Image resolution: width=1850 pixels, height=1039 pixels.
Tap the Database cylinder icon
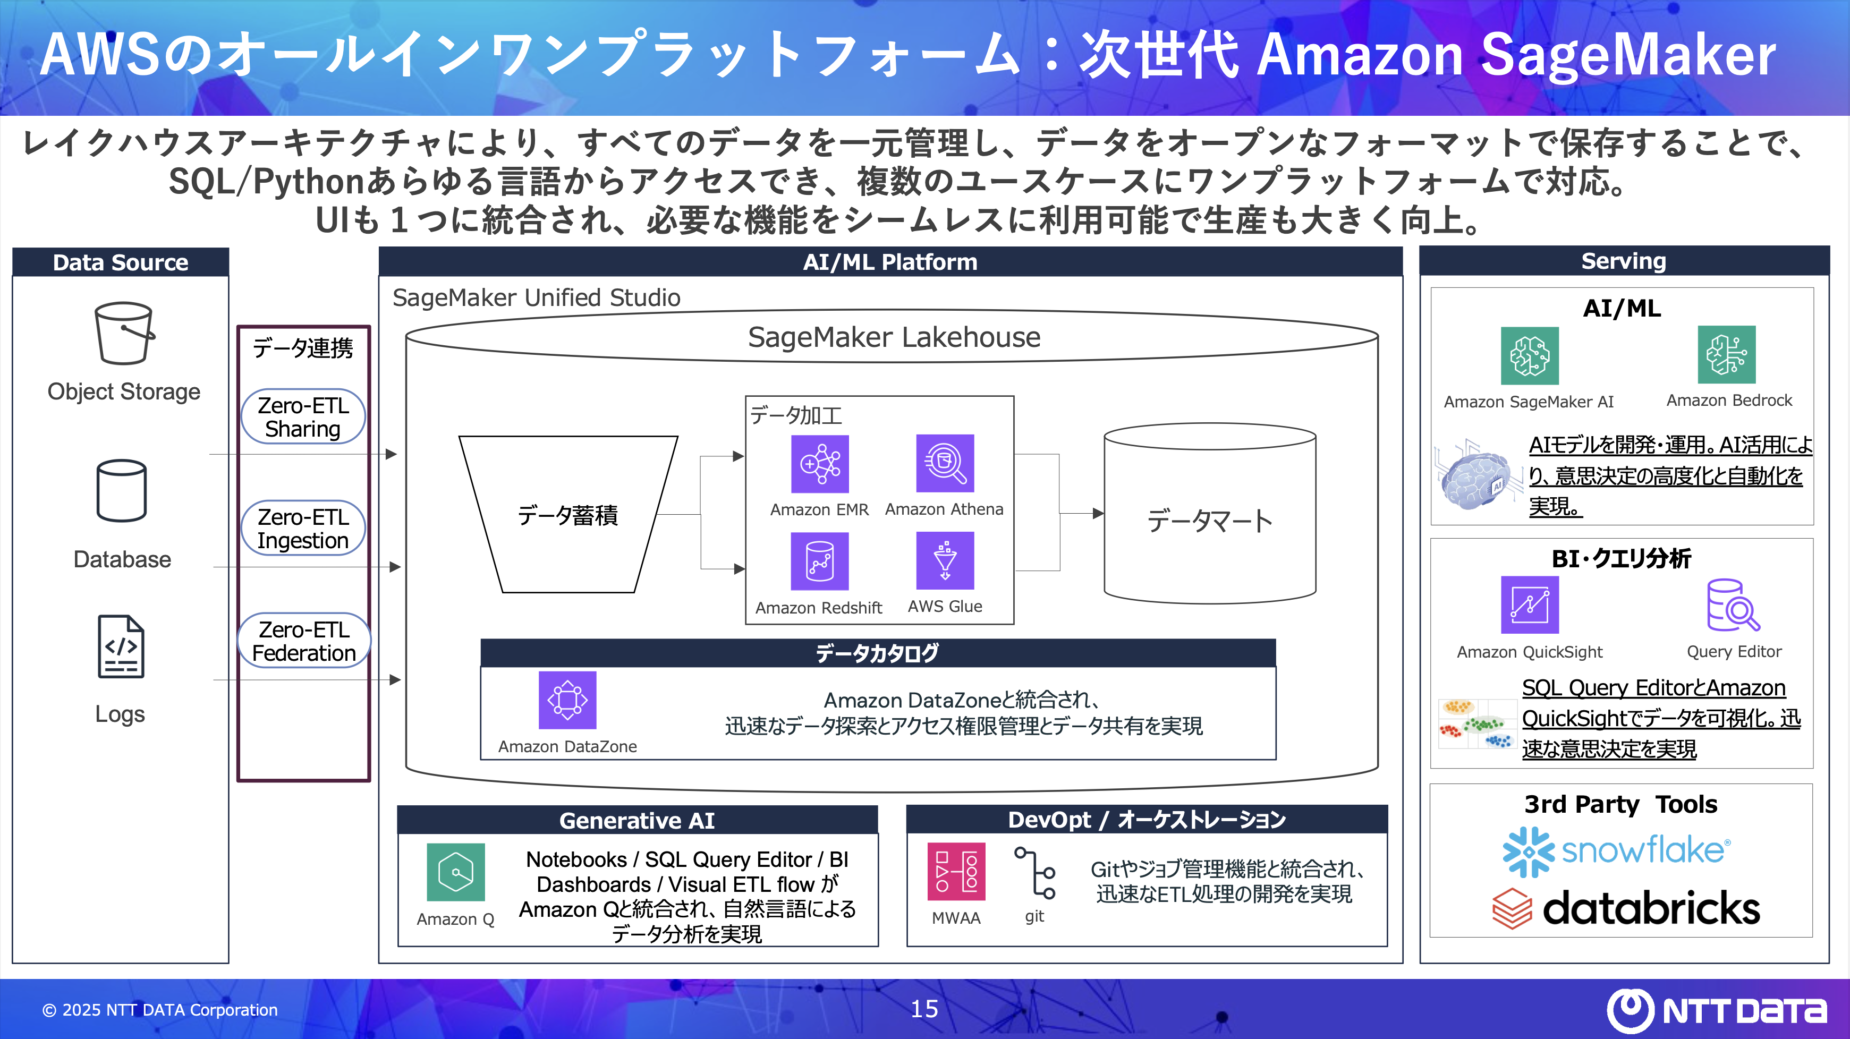tap(121, 491)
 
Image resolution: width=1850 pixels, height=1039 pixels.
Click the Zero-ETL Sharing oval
tap(303, 417)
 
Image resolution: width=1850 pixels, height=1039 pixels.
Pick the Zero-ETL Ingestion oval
tap(303, 529)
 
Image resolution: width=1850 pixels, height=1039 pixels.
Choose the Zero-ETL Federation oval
tap(304, 641)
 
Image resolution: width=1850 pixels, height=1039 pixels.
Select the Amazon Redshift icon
tap(819, 561)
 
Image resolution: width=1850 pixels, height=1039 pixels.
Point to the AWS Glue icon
tap(945, 560)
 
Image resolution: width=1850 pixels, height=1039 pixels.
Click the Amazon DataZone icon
tap(567, 700)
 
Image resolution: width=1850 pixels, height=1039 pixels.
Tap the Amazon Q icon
tap(455, 872)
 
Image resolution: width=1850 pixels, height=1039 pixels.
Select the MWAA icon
tap(956, 872)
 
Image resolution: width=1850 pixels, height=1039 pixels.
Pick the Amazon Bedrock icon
tap(1727, 355)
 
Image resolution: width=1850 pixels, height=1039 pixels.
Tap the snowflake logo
tap(1616, 851)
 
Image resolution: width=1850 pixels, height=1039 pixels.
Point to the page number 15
tap(924, 1009)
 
